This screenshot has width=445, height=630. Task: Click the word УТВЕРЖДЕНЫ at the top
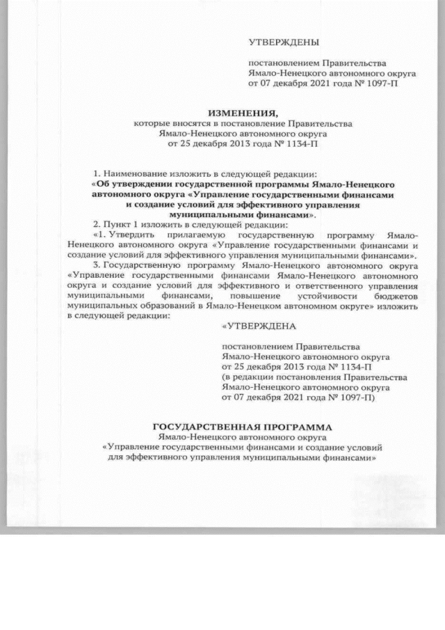pyautogui.click(x=279, y=42)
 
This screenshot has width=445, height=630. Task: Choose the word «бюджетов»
pyautogui.click(x=394, y=295)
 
